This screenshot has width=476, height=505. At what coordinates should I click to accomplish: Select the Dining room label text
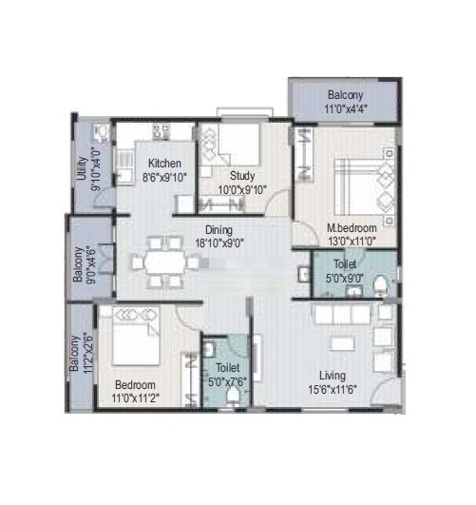click(220, 229)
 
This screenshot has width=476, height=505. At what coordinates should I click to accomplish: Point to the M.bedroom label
click(351, 229)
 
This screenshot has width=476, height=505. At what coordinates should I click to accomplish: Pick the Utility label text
click(82, 168)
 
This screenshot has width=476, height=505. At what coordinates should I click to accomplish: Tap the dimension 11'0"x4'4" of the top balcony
click(345, 109)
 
